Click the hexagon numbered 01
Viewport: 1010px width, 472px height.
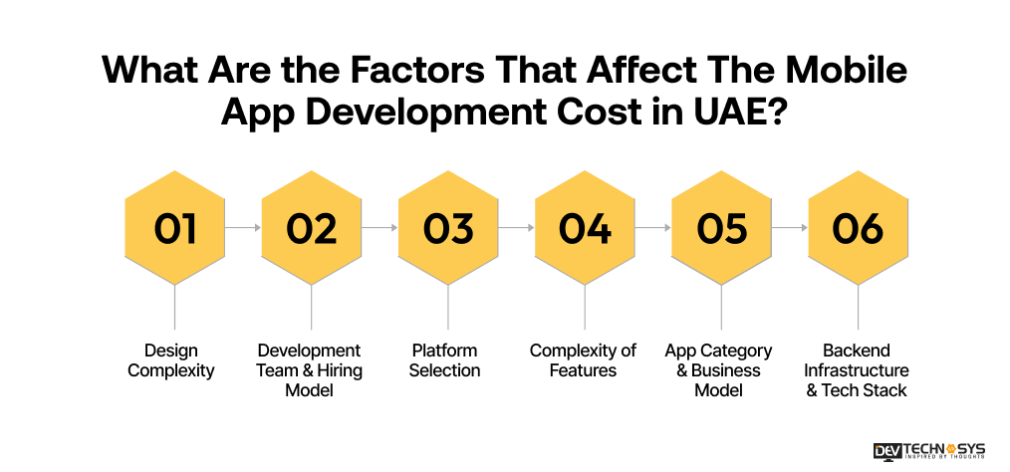pos(175,228)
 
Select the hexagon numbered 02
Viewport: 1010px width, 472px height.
pos(312,228)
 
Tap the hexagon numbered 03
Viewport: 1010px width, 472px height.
pos(448,228)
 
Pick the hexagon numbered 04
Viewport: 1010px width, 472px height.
pos(585,228)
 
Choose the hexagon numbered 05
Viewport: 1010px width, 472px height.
pos(721,228)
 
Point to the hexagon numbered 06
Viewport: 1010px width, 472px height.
pos(858,228)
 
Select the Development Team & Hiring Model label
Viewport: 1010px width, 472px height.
pos(310,370)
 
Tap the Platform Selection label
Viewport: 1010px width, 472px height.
pos(444,360)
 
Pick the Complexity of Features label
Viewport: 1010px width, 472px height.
pos(583,360)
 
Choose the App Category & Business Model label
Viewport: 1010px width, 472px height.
pos(718,370)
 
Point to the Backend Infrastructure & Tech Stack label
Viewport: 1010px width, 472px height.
pos(858,370)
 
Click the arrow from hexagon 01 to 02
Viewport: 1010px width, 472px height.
pos(243,228)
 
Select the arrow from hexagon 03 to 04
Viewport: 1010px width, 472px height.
pos(516,228)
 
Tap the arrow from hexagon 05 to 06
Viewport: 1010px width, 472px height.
pos(789,228)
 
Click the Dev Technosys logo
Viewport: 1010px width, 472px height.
pos(928,450)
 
